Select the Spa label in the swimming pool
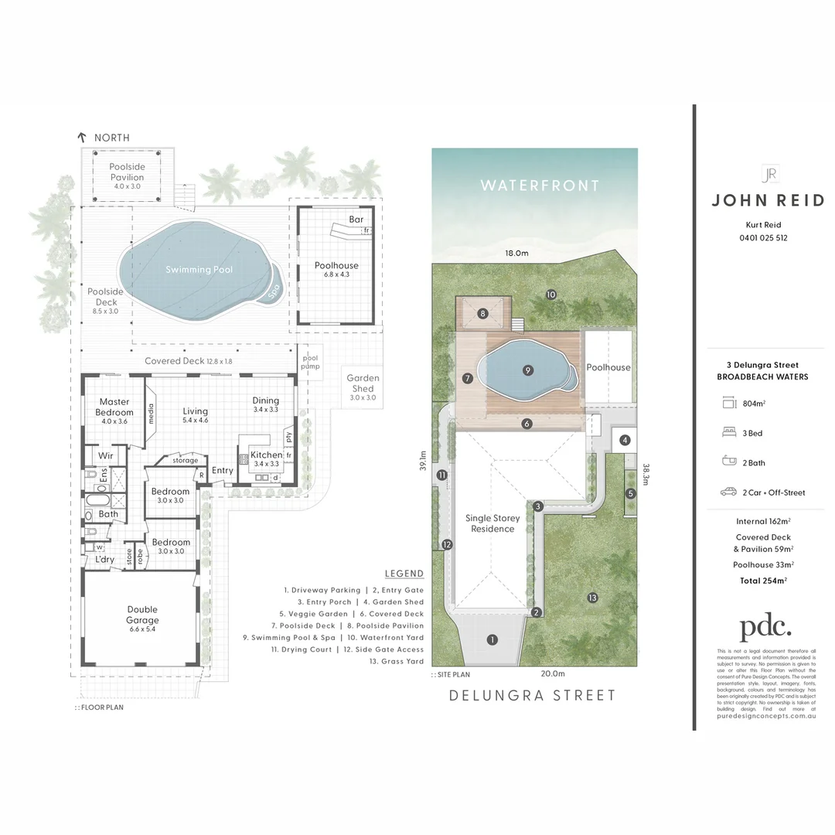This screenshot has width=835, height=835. (x=273, y=291)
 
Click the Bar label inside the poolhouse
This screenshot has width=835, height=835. (x=356, y=220)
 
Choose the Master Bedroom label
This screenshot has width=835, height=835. (x=114, y=407)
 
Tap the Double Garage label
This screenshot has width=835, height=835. (x=142, y=615)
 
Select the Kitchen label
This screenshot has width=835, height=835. (x=266, y=455)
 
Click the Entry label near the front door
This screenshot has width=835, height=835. (x=223, y=470)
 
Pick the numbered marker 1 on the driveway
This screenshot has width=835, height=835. (x=492, y=639)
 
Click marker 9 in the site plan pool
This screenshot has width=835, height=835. (x=527, y=370)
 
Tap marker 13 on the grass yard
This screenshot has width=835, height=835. (x=592, y=597)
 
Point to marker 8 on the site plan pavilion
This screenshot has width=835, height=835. (x=482, y=314)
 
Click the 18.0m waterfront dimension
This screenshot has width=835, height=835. (x=516, y=253)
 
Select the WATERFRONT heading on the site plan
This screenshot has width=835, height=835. (x=539, y=186)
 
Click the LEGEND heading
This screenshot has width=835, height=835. (x=404, y=573)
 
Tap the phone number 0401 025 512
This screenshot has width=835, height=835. (x=763, y=238)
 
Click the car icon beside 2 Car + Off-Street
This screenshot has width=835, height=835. (x=728, y=492)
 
